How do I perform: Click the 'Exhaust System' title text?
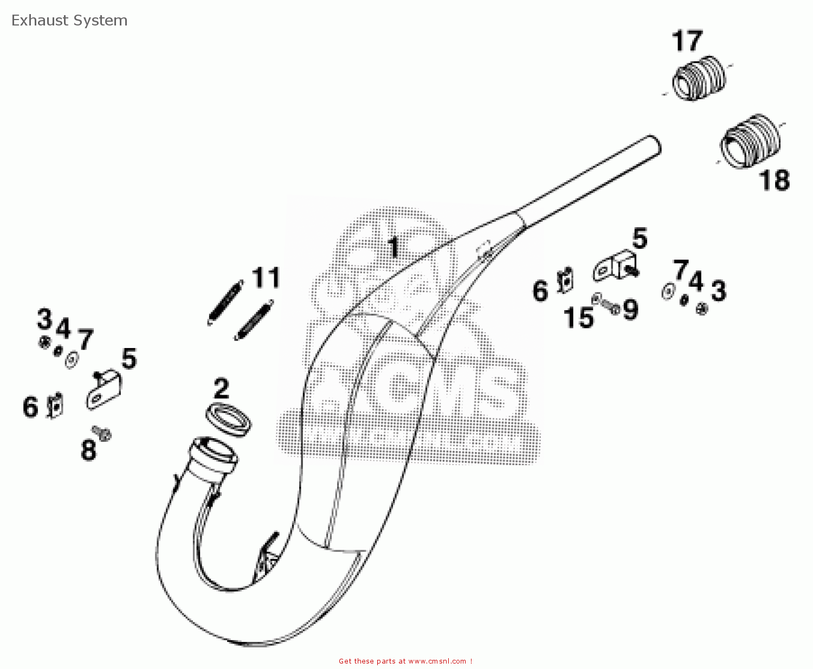tap(69, 21)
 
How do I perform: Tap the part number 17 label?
tap(687, 41)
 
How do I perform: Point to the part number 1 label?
tap(394, 247)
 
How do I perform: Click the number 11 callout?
tap(266, 278)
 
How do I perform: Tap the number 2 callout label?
tap(222, 388)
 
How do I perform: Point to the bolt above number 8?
tap(102, 432)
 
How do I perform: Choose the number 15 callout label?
tap(578, 318)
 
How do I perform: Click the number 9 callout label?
tap(630, 310)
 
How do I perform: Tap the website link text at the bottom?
tap(405, 661)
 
